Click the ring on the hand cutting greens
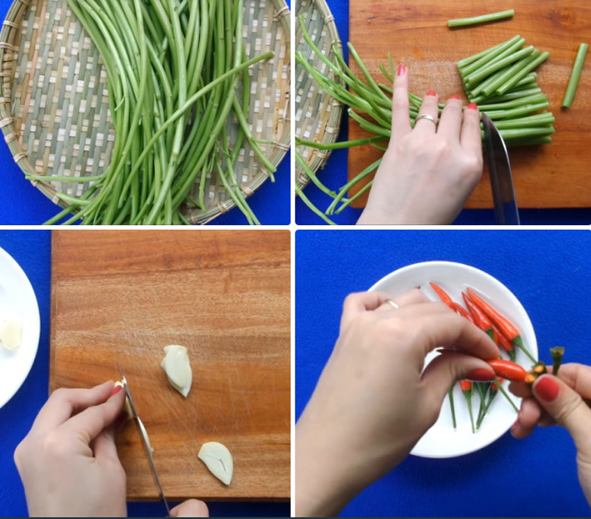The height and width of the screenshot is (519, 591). [x=426, y=120]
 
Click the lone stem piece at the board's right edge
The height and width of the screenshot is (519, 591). [x=575, y=75]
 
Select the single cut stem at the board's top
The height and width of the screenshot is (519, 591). [x=480, y=18]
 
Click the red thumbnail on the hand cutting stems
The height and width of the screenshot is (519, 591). [x=401, y=69]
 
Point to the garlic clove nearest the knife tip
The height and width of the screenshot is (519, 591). [x=177, y=370]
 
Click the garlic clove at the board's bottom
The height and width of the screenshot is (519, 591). [x=216, y=462]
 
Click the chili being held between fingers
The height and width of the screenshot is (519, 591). [x=508, y=370]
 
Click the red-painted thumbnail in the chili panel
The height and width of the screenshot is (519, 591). [x=547, y=388]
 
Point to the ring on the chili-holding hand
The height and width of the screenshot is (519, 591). [x=391, y=303]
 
